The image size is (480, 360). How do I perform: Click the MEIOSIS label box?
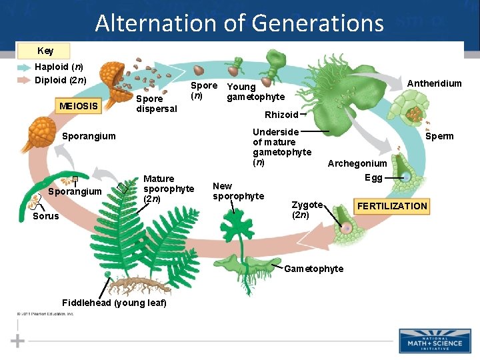79,105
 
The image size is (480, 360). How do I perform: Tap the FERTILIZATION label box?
392,206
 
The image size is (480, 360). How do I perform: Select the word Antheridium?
434,83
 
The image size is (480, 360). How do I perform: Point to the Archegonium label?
357,163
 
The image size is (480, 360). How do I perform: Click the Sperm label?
439,136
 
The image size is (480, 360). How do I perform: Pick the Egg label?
373,178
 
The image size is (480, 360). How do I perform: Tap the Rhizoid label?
281,115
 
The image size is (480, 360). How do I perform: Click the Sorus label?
45,216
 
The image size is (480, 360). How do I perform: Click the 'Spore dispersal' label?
156,103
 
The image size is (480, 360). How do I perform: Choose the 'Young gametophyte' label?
255,92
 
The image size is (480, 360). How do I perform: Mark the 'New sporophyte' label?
238,191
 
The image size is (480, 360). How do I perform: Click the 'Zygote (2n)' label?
307,210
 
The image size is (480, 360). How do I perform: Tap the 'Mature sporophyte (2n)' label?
169,189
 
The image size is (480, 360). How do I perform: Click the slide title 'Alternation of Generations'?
239,23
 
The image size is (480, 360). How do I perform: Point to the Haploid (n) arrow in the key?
24,67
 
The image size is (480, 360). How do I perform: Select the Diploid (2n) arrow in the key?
24,80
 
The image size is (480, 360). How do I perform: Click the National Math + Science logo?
434,341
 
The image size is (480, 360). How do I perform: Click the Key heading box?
45,51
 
